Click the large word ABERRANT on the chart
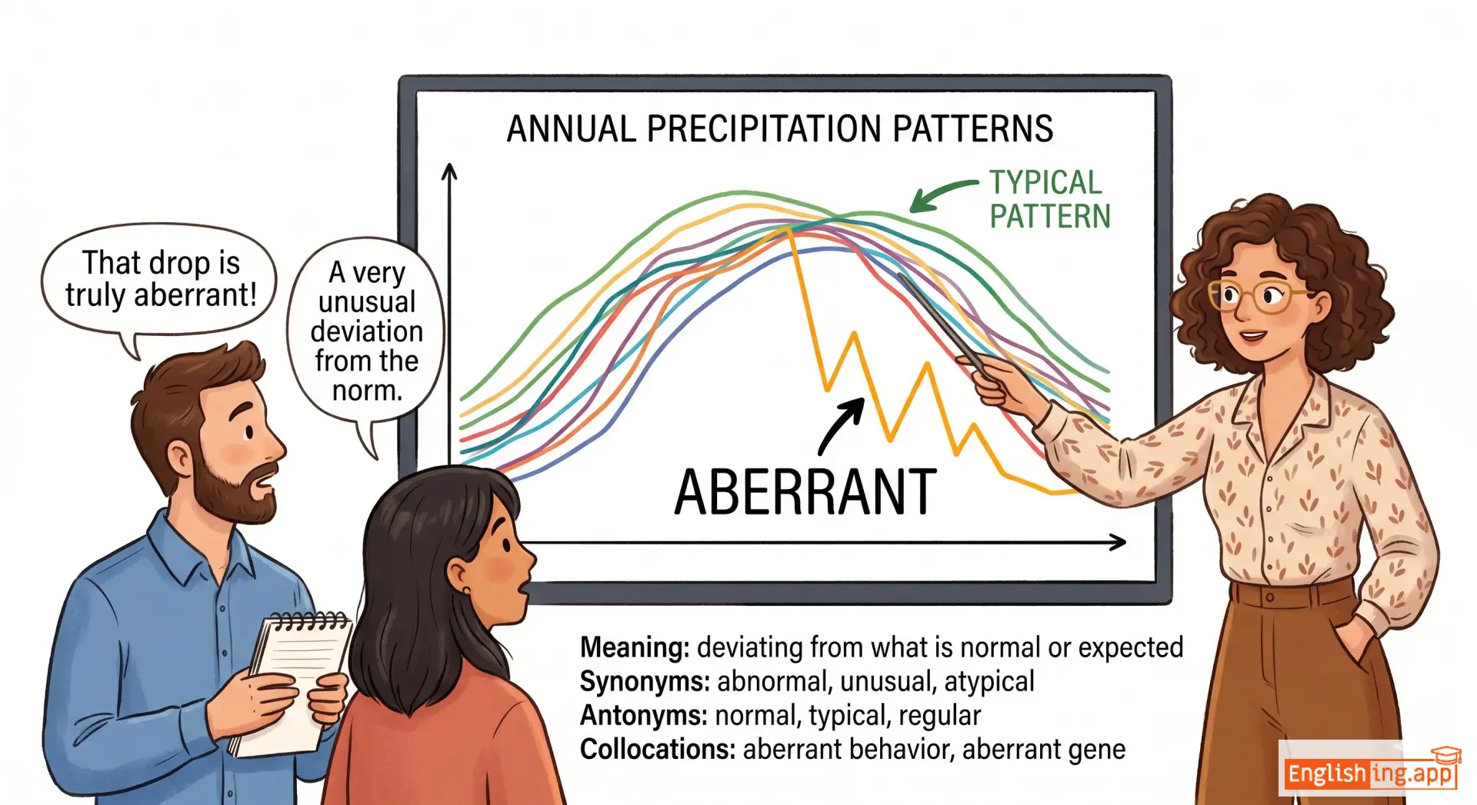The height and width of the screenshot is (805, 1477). [805, 492]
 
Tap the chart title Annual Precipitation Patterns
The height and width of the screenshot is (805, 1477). [779, 128]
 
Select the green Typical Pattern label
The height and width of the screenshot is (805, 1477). [1049, 199]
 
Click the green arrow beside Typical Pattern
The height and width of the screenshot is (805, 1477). [942, 195]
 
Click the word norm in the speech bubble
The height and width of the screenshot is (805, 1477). [367, 391]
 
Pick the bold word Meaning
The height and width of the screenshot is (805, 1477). [634, 648]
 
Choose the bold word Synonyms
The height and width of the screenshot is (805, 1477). [645, 682]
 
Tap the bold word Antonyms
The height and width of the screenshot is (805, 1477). [643, 716]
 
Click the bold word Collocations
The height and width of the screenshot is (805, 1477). [658, 750]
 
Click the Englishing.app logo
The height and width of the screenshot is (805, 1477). [1370, 770]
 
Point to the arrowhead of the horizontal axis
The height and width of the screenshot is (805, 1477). [1119, 543]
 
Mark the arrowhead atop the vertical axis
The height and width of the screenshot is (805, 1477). [449, 171]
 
